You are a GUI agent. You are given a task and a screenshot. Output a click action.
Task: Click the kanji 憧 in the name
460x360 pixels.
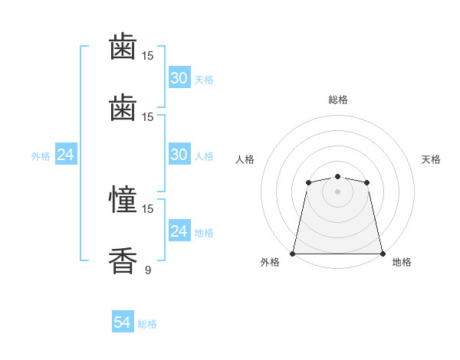(123, 199)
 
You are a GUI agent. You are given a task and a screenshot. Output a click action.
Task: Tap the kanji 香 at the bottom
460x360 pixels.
(123, 260)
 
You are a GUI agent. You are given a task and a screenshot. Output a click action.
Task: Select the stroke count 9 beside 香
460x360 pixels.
(148, 270)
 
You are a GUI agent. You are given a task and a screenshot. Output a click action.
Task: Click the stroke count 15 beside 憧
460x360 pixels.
(147, 209)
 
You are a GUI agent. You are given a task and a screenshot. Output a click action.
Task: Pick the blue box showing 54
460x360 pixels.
(123, 321)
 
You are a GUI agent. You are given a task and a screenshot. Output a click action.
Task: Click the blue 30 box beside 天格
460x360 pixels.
(179, 77)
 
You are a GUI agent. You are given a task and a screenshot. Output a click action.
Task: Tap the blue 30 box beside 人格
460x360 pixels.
(179, 154)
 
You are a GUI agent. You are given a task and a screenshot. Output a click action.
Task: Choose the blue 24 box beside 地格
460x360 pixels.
(179, 230)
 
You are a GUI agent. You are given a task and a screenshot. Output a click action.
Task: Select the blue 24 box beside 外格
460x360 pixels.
(66, 154)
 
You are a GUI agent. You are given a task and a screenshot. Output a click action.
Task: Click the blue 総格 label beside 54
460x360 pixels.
(147, 324)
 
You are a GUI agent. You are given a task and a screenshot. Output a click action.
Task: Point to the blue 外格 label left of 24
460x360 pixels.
(41, 156)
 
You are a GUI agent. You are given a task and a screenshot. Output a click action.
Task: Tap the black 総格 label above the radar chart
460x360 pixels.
(338, 100)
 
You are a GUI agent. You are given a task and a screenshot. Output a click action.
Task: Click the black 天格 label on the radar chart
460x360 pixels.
(431, 159)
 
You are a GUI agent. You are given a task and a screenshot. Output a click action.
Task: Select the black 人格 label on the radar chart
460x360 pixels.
(245, 159)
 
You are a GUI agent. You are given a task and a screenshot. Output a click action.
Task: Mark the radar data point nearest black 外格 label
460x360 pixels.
(292, 254)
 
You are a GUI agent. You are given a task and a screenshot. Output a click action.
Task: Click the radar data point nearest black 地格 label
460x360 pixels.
(383, 254)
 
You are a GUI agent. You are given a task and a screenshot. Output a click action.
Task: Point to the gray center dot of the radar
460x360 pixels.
(337, 191)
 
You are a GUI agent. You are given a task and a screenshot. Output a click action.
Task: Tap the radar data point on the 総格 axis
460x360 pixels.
(337, 176)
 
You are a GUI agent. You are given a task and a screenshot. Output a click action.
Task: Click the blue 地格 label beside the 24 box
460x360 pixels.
(204, 233)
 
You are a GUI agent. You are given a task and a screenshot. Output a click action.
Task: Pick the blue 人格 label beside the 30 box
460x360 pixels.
(204, 156)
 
